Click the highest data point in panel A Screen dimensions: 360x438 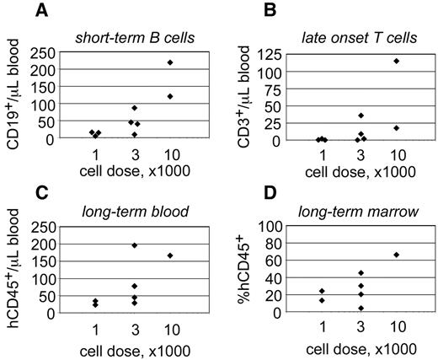pos(170,62)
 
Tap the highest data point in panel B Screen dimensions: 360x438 pos(396,61)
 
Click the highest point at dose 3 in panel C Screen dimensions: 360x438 pos(134,245)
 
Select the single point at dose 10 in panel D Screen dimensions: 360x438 pos(396,255)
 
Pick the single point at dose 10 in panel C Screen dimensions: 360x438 pos(170,255)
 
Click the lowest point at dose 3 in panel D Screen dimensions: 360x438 pos(360,308)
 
